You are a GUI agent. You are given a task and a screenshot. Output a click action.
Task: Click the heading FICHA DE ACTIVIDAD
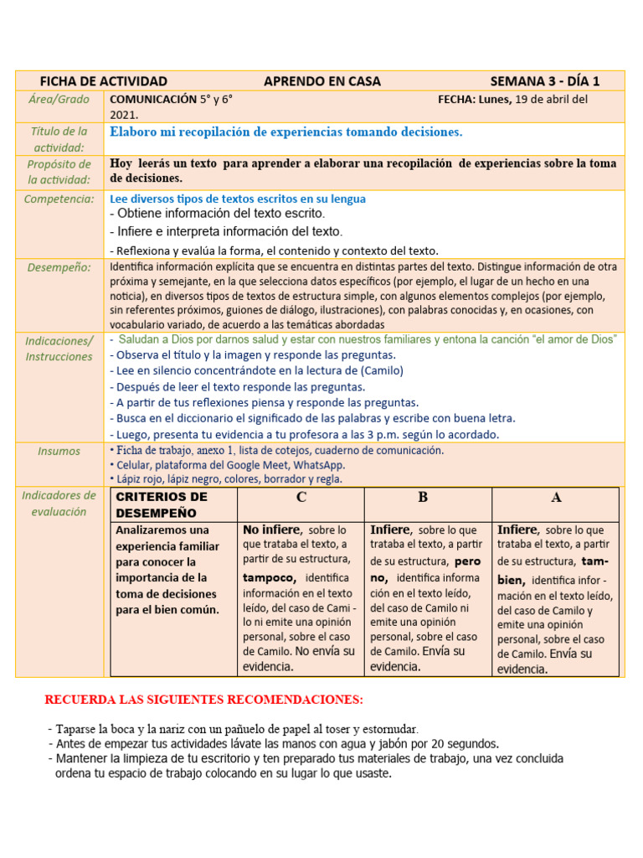coord(104,81)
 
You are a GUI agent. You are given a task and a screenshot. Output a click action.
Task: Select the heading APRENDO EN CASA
coord(322,81)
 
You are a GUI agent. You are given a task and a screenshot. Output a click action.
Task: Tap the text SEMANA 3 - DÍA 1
coord(544,81)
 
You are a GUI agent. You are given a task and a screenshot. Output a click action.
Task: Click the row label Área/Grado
coord(59,99)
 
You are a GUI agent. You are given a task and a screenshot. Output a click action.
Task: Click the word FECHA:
coord(456,99)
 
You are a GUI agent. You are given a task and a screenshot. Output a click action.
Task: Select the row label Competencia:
coord(59,199)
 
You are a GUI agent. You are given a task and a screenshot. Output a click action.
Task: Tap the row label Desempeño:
coord(59,267)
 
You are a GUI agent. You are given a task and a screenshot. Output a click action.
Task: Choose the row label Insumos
coord(59,451)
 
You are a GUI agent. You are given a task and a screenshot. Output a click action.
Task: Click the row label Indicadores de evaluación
coord(59,503)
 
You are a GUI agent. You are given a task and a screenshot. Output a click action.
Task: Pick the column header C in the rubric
coord(301,498)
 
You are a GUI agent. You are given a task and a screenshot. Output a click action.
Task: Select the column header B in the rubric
coord(423,498)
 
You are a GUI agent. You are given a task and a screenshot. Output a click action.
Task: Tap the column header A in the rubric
coord(556,498)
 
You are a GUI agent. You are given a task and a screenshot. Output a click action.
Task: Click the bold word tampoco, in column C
coord(270,578)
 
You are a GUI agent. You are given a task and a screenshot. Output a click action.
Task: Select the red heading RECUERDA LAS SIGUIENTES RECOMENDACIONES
coord(204,700)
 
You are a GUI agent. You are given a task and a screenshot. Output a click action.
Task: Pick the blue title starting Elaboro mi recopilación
coord(286,132)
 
